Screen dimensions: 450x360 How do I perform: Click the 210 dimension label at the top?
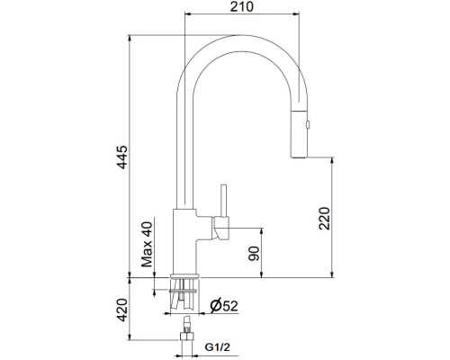[x=241, y=6]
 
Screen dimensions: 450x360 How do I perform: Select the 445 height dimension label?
[x=122, y=157]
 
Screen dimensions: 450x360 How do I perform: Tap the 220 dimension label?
[x=324, y=219]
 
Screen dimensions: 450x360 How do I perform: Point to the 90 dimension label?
[x=254, y=254]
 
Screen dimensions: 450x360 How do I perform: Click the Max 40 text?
[x=147, y=245]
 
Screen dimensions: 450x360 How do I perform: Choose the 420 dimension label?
[x=122, y=310]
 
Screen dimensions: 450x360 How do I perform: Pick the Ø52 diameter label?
[x=224, y=306]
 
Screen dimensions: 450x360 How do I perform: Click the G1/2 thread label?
[x=218, y=347]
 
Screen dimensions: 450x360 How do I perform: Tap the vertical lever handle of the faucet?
[x=223, y=200]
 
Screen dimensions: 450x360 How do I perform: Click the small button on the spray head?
[x=308, y=124]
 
